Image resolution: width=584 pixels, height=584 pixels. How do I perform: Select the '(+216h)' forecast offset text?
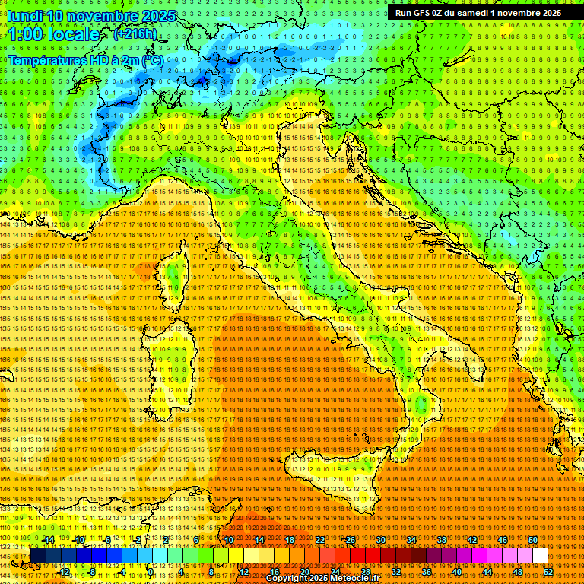[135, 34]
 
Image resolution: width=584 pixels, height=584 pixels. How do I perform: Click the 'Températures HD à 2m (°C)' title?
[85, 59]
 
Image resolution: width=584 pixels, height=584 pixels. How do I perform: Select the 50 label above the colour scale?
[532, 540]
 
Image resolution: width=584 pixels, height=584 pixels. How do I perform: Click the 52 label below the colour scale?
[547, 572]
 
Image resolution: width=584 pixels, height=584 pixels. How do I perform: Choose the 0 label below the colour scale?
[151, 572]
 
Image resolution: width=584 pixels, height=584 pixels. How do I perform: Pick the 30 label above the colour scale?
[380, 540]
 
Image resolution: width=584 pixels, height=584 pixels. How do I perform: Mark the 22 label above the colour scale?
[319, 540]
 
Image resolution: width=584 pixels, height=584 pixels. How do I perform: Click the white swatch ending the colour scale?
[540, 556]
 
